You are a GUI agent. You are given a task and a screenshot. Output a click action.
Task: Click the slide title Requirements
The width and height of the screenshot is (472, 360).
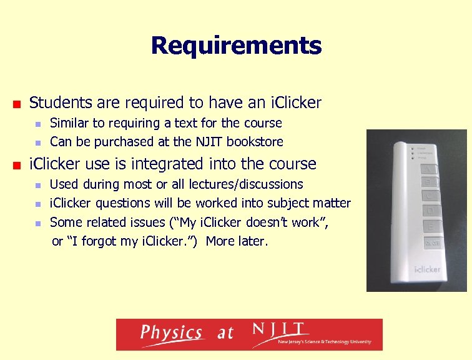236,46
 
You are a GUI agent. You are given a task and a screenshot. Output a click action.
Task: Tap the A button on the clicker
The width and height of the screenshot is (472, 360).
431,168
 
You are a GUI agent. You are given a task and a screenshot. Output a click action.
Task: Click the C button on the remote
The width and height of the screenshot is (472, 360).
431,196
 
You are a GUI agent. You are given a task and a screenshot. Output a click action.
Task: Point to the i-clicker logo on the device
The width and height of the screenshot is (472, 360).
427,269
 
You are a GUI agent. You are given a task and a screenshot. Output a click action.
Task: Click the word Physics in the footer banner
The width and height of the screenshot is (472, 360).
171,333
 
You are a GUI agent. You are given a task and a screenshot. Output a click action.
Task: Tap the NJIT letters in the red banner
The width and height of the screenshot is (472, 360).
278,329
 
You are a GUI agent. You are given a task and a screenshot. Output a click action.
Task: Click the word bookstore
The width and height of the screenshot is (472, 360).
255,142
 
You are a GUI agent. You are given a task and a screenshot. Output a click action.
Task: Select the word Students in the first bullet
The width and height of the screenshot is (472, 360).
59,102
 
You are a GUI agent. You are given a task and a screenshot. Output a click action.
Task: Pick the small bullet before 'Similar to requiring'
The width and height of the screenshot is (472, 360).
38,124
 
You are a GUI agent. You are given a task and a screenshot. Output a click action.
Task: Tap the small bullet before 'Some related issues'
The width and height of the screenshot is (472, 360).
38,223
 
